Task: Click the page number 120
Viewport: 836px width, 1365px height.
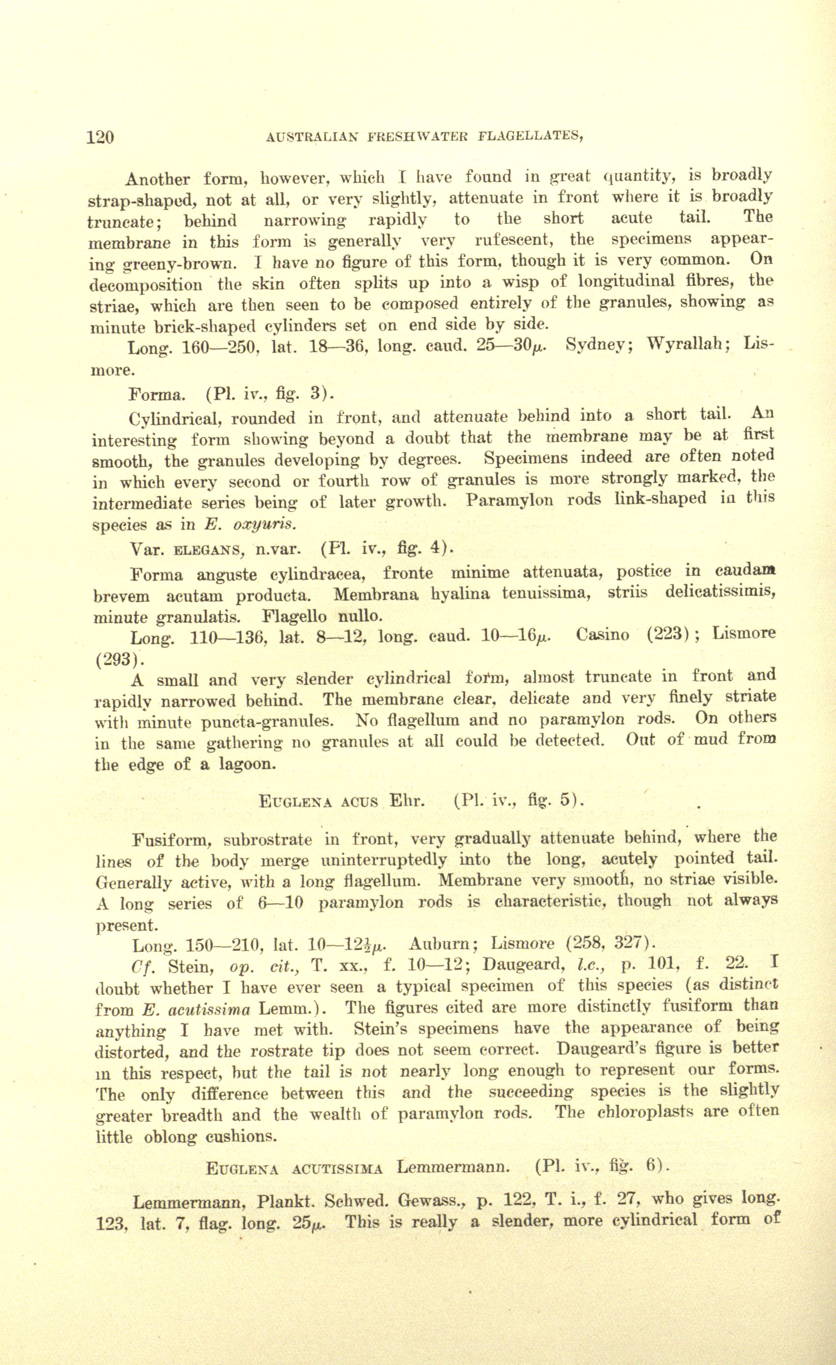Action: pos(100,136)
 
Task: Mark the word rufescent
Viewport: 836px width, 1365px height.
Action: pos(517,240)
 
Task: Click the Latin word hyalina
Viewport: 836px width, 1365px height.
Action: pos(460,594)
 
